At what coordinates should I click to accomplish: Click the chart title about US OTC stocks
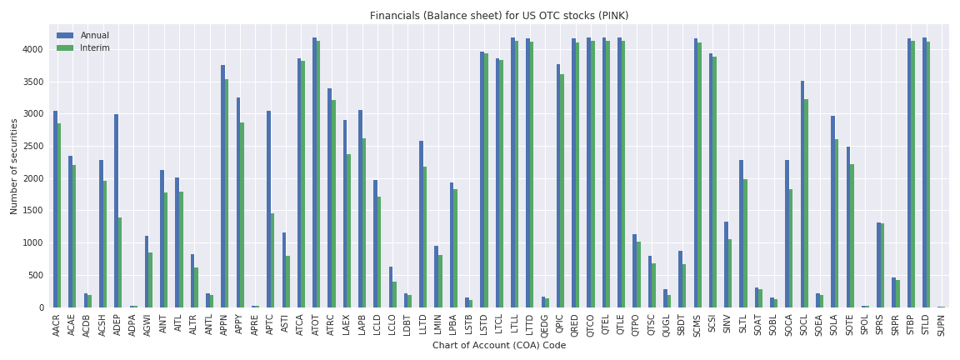click(499, 16)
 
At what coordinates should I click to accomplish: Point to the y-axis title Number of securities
click(14, 167)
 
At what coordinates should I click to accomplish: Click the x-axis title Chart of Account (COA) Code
click(499, 345)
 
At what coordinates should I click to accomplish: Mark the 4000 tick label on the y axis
click(34, 49)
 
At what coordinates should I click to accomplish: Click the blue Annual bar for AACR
click(55, 208)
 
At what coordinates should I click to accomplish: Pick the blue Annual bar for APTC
click(268, 208)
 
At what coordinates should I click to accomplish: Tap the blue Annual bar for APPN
click(222, 186)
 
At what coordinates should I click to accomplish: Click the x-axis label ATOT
click(316, 325)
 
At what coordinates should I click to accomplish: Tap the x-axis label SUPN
click(941, 325)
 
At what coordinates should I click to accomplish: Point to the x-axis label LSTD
click(484, 325)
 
